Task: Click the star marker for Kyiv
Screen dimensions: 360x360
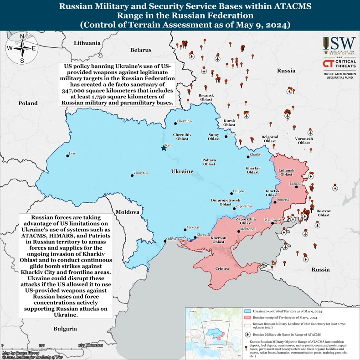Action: point(164,148)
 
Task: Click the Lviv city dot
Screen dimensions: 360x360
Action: point(67,155)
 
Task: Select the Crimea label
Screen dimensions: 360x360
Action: point(222,269)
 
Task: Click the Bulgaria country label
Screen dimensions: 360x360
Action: point(65,329)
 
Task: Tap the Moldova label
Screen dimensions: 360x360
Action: point(127,212)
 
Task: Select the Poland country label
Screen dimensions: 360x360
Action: point(28,103)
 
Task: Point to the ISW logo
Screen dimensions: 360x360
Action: point(339,46)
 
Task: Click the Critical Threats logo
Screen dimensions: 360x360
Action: point(339,64)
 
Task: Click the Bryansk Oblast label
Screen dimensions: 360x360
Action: point(206,97)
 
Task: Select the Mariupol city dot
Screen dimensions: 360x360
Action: point(273,223)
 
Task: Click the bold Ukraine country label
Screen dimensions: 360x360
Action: point(182,171)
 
